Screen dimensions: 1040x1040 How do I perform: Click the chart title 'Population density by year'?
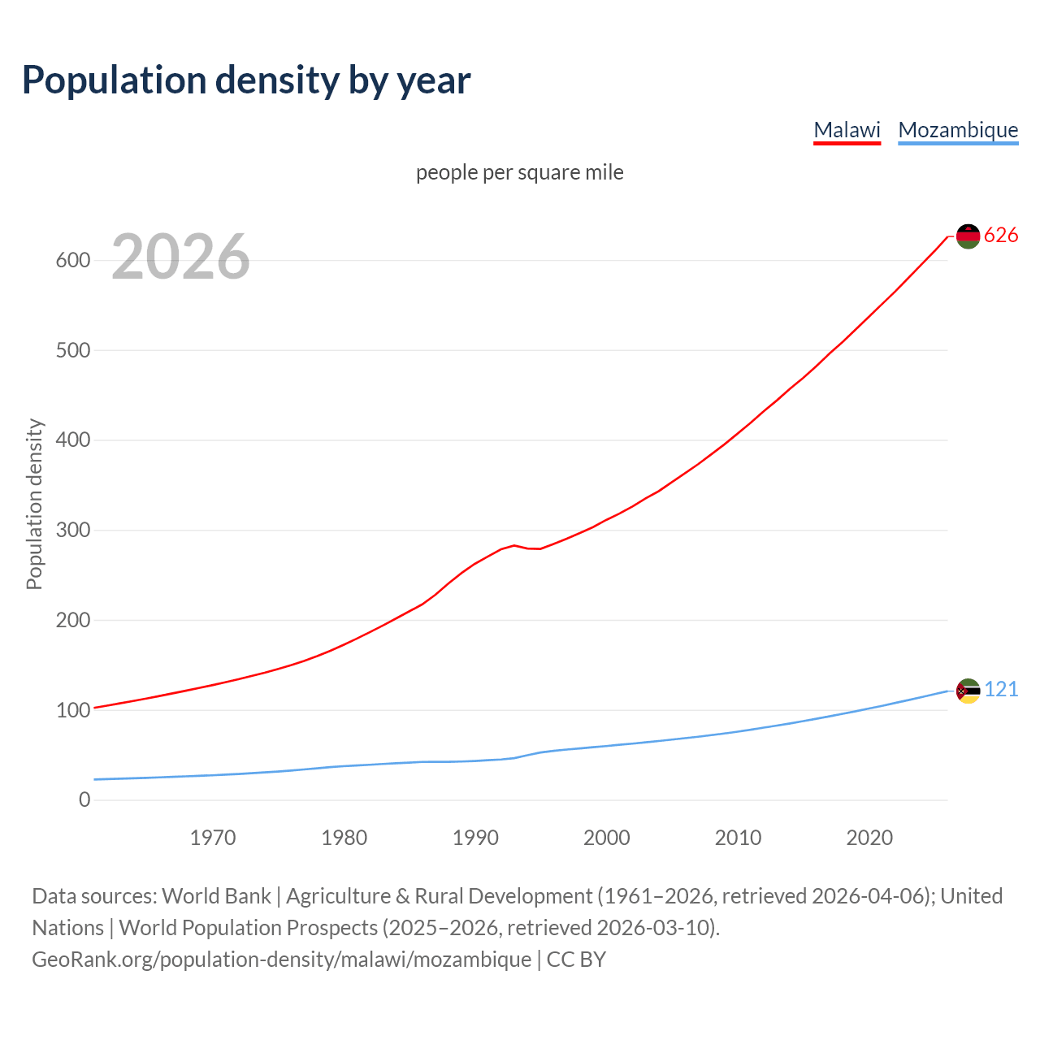pos(246,80)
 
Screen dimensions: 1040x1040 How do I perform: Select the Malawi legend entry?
pos(847,130)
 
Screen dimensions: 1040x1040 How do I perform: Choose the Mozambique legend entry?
pos(958,130)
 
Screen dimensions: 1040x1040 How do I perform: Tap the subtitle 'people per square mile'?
pos(520,173)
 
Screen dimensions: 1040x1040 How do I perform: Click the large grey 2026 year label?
pos(180,257)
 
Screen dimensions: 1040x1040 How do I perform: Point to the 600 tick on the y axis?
pos(72,261)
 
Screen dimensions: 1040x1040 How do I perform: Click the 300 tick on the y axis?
pos(72,531)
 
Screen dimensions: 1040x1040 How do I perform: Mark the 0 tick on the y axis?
pos(84,800)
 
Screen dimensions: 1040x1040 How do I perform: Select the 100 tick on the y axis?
pos(72,711)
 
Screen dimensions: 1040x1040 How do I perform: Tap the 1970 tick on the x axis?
pos(213,838)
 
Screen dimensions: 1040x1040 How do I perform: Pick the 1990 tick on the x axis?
pos(475,838)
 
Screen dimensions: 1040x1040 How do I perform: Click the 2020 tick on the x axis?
pos(869,838)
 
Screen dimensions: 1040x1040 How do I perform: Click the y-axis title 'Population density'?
pos(34,504)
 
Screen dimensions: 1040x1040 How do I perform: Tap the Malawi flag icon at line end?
pos(968,236)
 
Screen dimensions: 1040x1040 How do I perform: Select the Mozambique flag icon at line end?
pos(968,691)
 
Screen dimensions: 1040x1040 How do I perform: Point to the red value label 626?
pos(1001,236)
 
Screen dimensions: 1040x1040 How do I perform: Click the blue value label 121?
pos(1001,690)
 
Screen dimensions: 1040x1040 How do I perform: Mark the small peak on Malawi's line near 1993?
pos(514,545)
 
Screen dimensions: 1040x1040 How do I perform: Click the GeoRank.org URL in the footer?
pos(281,960)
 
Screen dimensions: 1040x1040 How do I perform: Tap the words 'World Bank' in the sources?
pos(216,896)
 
